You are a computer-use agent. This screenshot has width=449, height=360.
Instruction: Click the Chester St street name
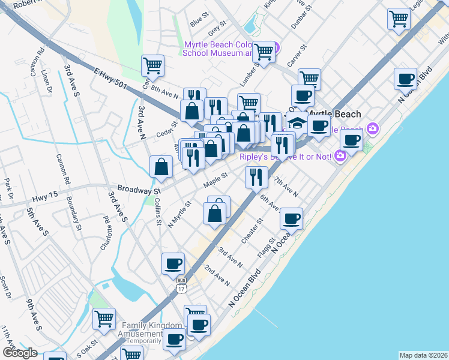tap(252, 231)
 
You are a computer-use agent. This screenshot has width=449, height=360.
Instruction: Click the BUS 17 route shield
tap(181, 285)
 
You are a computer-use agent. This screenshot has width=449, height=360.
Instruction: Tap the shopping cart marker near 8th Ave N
tap(152, 65)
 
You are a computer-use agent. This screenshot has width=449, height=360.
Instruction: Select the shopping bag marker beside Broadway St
tap(161, 166)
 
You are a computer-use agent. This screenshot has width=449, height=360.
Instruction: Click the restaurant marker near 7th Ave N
tap(256, 176)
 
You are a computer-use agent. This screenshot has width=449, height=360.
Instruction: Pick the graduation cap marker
tap(296, 122)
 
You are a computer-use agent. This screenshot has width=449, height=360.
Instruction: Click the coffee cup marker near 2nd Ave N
tap(173, 263)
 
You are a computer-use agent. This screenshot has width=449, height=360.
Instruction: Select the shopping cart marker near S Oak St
tap(104, 318)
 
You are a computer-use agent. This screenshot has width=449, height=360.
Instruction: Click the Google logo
tap(20, 353)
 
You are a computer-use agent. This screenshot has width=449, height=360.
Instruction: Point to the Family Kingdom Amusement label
tap(150, 329)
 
